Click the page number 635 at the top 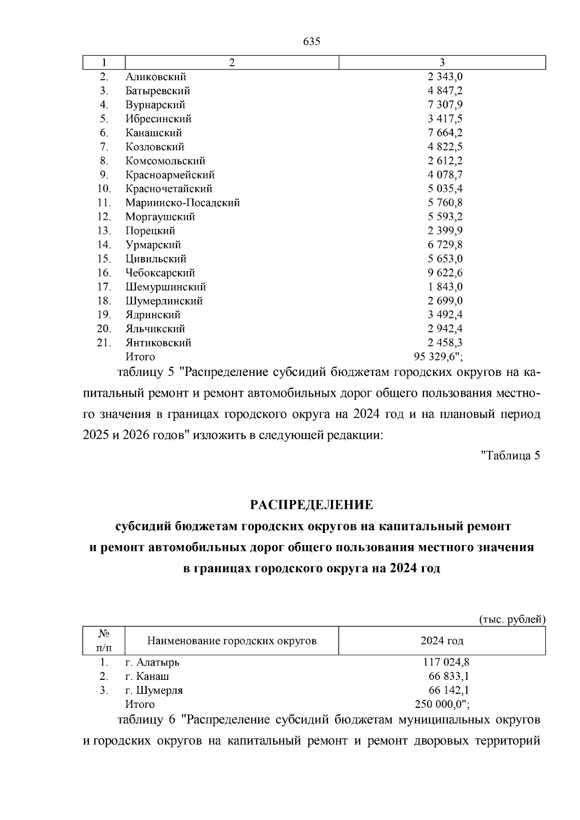(x=312, y=42)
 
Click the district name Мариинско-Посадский (x=183, y=203)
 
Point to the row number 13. (x=104, y=231)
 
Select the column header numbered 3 (x=442, y=63)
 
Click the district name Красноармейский (x=170, y=175)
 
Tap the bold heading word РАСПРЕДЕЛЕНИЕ (x=312, y=505)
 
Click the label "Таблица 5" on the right (x=510, y=455)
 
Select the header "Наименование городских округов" (x=232, y=641)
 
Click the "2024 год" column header (x=442, y=641)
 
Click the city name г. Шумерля (x=154, y=691)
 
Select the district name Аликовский (x=156, y=77)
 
